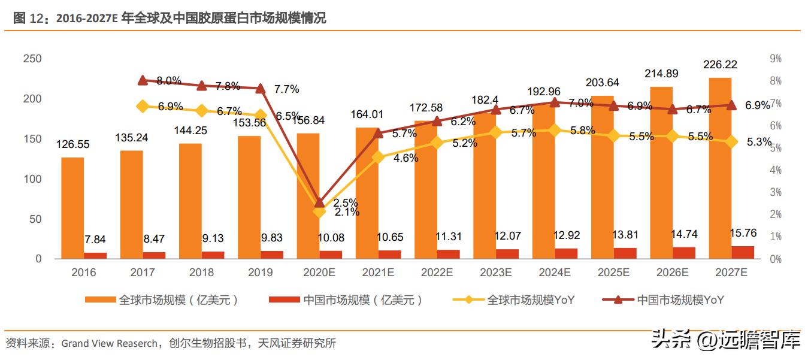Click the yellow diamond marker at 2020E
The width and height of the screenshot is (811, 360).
pos(319,211)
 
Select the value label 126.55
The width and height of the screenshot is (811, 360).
pos(73,144)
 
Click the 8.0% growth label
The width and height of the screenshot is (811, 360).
pos(169,81)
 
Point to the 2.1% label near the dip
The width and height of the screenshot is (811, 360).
pos(347,212)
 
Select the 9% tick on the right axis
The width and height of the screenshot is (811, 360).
pos(776,59)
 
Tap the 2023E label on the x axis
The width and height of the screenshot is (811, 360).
pos(495,273)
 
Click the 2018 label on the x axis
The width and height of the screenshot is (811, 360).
pos(201,273)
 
